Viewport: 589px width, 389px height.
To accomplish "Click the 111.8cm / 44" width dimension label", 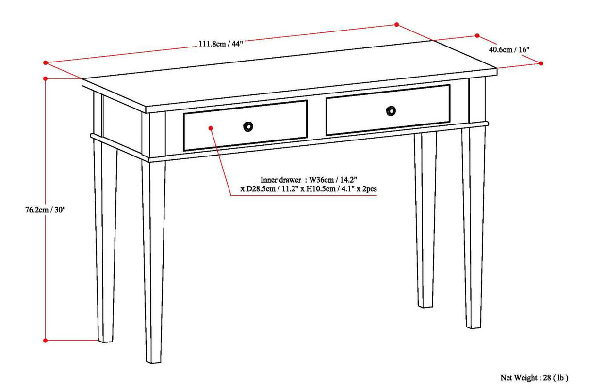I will [220, 44].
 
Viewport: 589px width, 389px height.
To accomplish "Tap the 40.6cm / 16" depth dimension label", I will [509, 49].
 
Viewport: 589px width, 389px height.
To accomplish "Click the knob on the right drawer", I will [391, 111].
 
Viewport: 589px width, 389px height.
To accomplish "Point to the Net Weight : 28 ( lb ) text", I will [534, 377].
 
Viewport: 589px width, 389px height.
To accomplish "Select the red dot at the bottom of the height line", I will [46, 341].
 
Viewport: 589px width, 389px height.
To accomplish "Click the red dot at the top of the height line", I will [46, 78].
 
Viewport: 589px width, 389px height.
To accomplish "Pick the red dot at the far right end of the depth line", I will [541, 63].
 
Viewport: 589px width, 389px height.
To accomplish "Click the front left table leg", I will [154, 262].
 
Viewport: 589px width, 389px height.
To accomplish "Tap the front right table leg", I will [474, 228].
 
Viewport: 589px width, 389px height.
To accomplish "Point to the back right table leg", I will [425, 218].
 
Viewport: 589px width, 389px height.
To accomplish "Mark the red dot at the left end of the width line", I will [46, 62].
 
